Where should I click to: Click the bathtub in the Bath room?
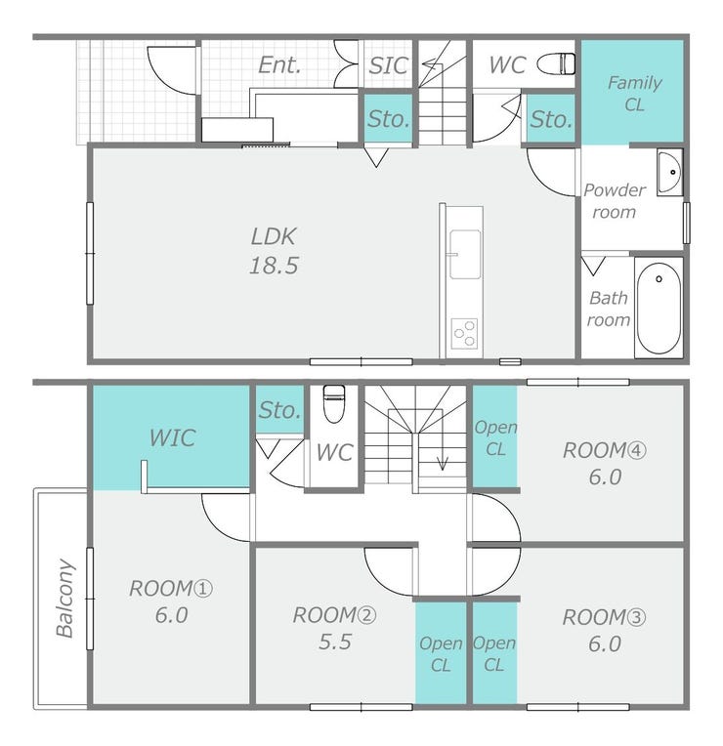659,308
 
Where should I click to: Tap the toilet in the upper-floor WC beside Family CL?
556,63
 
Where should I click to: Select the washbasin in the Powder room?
669,172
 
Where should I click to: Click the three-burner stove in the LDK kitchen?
464,334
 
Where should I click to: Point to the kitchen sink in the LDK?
465,254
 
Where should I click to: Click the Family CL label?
634,94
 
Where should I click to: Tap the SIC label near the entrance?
389,65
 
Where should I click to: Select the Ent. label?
279,65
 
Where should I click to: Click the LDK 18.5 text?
275,251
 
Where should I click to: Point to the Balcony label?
65,598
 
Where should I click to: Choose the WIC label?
172,437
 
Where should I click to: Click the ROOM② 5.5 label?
334,628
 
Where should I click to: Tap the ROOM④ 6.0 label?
605,464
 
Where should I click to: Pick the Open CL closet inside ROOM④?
495,436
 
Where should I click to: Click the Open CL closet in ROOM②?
441,652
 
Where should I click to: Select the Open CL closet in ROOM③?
494,652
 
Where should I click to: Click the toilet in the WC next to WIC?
334,403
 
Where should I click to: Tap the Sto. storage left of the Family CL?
551,118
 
